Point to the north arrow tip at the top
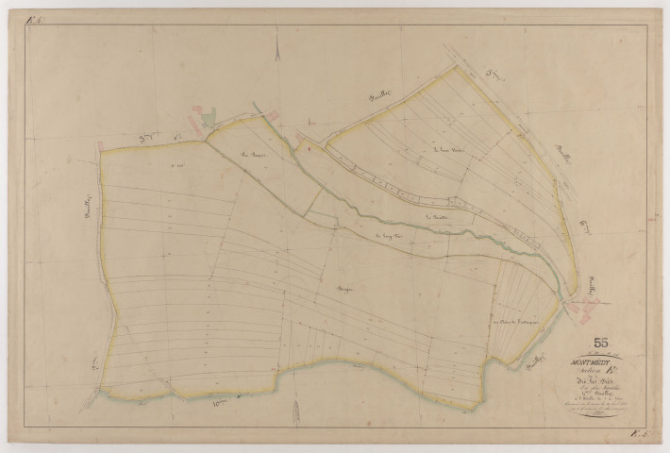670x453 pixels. click(x=279, y=29)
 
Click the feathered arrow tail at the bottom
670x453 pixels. click(x=293, y=415)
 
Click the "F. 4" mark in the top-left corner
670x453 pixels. click(x=36, y=20)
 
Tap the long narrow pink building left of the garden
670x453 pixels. click(x=195, y=119)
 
